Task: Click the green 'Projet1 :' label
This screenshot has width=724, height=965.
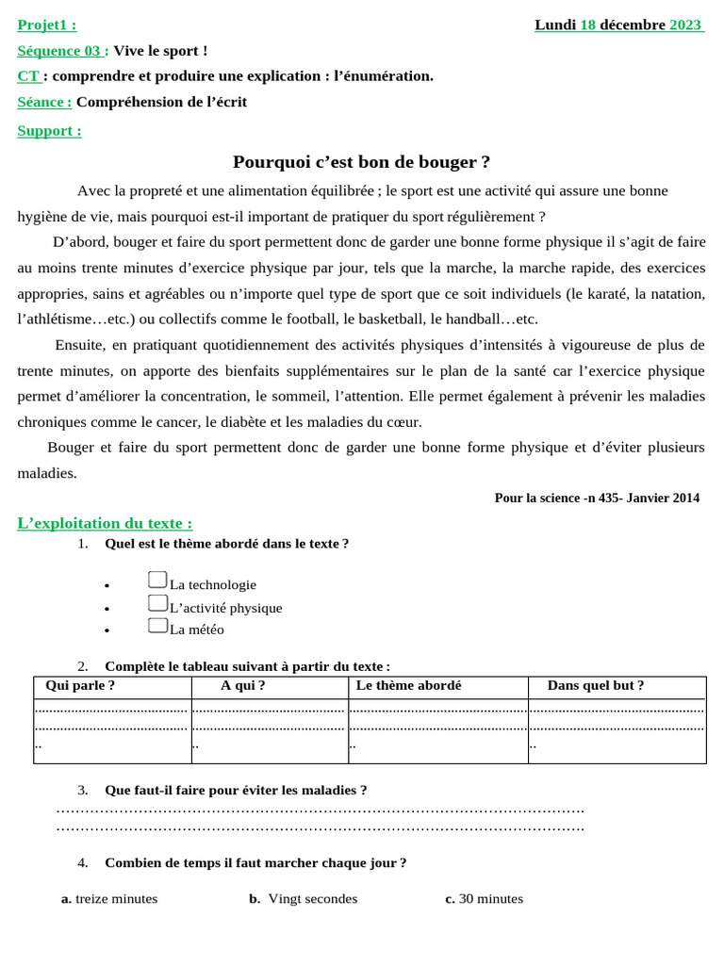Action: (46, 25)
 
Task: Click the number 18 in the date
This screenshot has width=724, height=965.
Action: (587, 25)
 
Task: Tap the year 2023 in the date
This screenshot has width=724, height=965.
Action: (685, 25)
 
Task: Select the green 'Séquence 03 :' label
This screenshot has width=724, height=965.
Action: (62, 51)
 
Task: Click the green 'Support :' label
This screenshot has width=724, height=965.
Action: (49, 131)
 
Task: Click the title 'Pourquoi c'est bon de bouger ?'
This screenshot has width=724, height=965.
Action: (361, 162)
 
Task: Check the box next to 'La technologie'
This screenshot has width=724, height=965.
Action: (157, 581)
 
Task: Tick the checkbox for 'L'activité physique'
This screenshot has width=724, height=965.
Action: (157, 603)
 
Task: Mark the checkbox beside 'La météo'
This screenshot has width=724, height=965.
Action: (157, 626)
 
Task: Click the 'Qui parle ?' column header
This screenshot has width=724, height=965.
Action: (80, 686)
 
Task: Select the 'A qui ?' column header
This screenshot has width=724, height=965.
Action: (242, 686)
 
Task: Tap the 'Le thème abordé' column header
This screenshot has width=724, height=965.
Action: (408, 686)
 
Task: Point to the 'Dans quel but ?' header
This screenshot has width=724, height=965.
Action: (596, 686)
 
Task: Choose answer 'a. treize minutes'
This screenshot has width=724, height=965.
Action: (109, 899)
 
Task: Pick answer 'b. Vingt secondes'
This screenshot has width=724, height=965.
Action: (304, 899)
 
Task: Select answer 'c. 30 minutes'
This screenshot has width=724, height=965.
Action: (484, 899)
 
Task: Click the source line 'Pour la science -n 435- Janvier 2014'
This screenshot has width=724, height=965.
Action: (597, 498)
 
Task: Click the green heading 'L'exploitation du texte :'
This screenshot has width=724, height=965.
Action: (105, 523)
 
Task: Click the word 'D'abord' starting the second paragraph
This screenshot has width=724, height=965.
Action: (75, 241)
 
